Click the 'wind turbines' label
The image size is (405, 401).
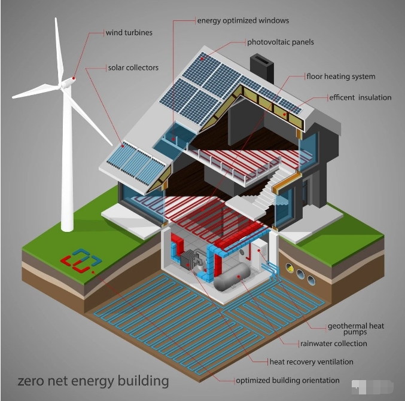click(x=129, y=33)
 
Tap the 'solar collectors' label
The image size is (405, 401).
click(x=133, y=68)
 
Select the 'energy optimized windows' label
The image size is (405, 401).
click(x=243, y=21)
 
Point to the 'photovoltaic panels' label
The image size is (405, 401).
click(x=281, y=42)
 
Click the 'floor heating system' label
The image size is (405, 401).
click(x=341, y=76)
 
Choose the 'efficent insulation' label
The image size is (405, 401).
click(x=360, y=97)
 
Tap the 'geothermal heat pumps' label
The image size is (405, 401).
click(x=356, y=329)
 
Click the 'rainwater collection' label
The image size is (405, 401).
click(x=333, y=344)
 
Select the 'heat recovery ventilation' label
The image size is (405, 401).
click(x=311, y=362)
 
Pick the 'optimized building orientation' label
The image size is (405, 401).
click(x=288, y=380)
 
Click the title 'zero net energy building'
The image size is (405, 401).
click(x=93, y=381)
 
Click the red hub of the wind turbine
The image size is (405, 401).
click(x=74, y=78)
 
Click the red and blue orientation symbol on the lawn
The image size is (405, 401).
click(x=81, y=260)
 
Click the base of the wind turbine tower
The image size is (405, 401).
click(x=67, y=227)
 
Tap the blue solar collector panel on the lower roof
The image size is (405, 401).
click(x=136, y=163)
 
